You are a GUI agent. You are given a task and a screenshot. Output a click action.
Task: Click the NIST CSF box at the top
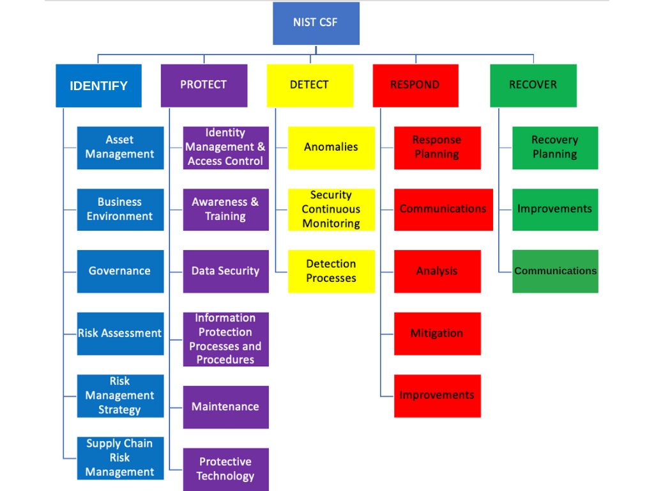coord(316,23)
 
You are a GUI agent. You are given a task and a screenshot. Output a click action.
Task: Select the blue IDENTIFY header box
coord(98,86)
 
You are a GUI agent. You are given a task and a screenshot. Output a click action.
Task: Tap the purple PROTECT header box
coord(204,85)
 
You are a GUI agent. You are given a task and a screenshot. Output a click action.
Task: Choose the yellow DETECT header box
coord(310,85)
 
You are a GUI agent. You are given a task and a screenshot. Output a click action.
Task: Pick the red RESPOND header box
coord(415,85)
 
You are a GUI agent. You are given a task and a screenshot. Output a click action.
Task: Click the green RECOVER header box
coord(533,85)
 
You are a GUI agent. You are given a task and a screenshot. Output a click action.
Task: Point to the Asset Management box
coord(120,148)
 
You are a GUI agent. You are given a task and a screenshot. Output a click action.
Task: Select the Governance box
coord(120,271)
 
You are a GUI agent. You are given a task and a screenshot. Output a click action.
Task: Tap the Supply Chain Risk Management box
coord(120,458)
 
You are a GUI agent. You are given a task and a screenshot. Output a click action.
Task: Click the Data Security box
coord(225,271)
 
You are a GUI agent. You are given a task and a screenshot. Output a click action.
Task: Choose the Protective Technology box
coord(225,469)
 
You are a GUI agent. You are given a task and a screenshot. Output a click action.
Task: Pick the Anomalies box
coord(331,148)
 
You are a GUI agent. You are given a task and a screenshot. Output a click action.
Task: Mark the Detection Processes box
coord(331,271)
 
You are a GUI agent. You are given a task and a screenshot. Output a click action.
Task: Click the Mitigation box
coord(437,333)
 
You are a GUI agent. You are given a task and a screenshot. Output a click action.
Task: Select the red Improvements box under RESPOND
coord(437,395)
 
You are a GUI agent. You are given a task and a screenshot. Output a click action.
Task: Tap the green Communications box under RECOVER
coord(555,271)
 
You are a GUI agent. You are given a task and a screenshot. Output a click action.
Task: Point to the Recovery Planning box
coord(555,148)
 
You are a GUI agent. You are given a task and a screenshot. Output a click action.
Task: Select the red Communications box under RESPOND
coord(443,209)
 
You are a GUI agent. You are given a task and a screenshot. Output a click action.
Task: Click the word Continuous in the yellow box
coord(331,209)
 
